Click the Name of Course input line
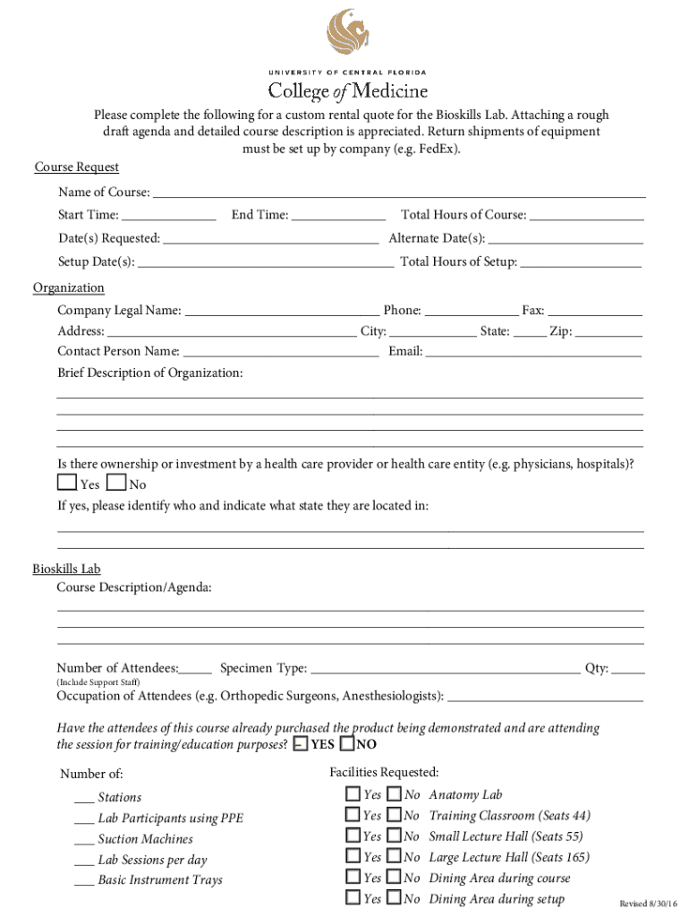tap(399, 193)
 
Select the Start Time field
tap(168, 216)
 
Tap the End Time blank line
tap(338, 216)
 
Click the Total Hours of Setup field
tap(581, 263)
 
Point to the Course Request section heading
tap(77, 167)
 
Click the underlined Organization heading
tap(69, 287)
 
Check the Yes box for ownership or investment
tap(66, 484)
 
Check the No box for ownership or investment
tap(115, 484)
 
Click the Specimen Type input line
tap(445, 669)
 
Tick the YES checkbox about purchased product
tap(301, 744)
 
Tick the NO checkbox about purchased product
tap(347, 744)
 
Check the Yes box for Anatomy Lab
tap(353, 793)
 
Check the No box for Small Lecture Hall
tap(394, 836)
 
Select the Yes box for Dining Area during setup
tap(353, 898)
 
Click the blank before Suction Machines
tap(84, 840)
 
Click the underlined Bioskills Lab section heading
tap(67, 569)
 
